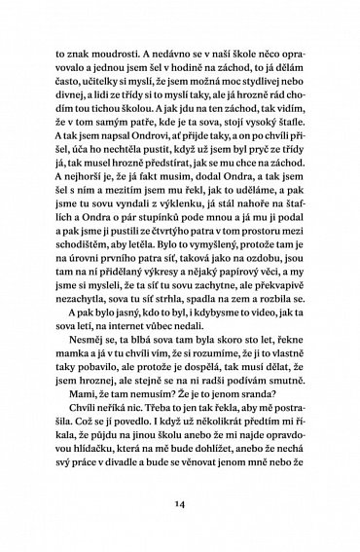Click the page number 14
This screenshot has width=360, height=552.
click(x=180, y=506)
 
